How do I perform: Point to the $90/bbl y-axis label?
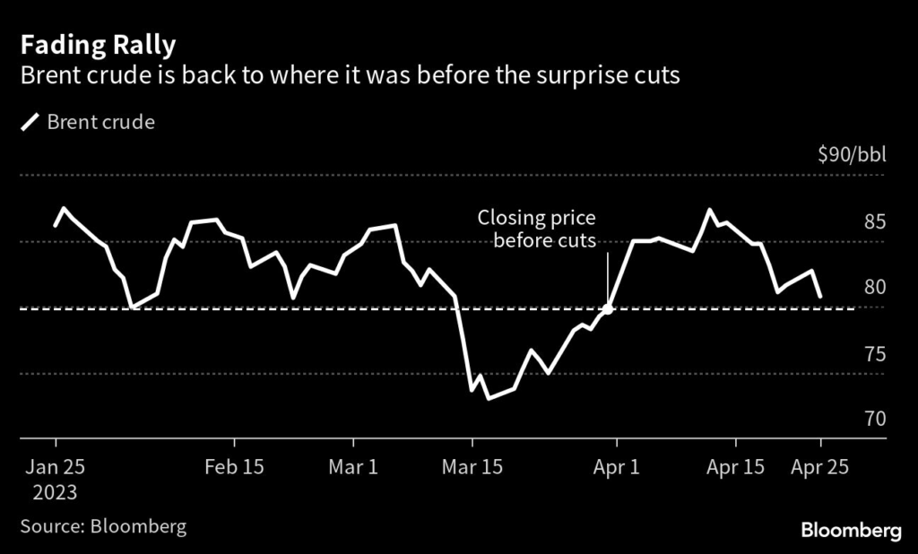(x=852, y=155)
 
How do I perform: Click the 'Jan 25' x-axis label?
(x=55, y=467)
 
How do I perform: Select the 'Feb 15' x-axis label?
(x=235, y=467)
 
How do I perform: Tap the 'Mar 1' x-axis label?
(x=354, y=467)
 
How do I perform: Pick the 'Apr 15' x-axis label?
(x=736, y=467)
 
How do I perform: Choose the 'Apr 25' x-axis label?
(x=818, y=467)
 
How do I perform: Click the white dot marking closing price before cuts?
(x=608, y=308)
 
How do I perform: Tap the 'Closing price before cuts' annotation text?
(x=536, y=229)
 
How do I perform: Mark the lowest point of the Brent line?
(x=489, y=398)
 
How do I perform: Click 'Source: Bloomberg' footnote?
(x=103, y=526)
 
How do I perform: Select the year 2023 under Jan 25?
(x=55, y=492)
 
